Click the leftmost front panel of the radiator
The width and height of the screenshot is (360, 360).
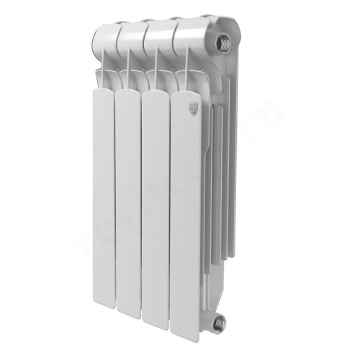pos(101,202)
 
